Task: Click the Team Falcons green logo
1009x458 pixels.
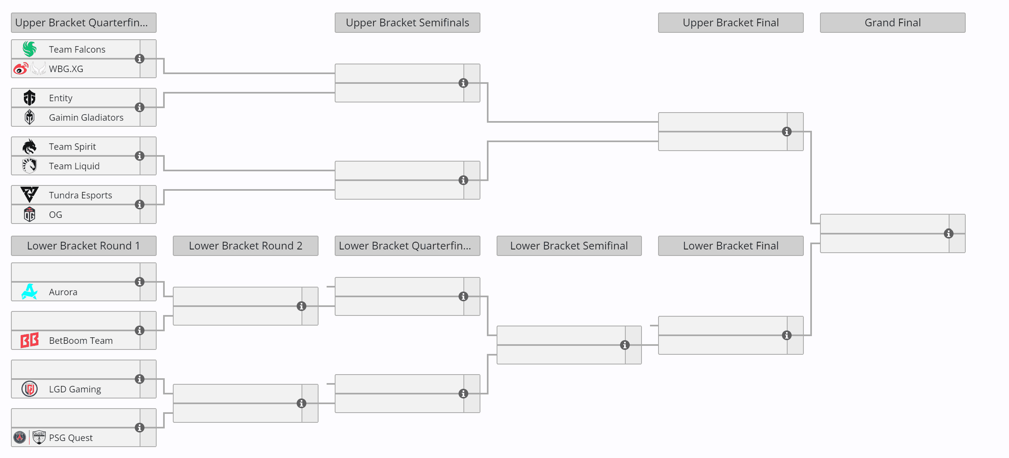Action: pos(30,49)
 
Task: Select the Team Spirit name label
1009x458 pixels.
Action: pos(72,147)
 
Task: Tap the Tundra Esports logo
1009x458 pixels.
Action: pos(30,195)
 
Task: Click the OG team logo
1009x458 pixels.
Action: pos(30,214)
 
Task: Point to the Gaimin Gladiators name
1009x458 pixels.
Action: pos(86,117)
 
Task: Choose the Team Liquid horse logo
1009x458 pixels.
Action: pos(30,166)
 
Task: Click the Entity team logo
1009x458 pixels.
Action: pos(30,98)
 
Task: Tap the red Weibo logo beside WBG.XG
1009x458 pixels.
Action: pos(21,68)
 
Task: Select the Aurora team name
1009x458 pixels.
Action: pos(63,292)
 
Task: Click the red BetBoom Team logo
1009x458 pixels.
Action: pos(30,340)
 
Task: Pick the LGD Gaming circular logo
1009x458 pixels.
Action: pos(30,389)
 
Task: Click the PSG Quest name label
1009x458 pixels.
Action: pos(71,438)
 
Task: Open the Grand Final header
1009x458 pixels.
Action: pos(892,23)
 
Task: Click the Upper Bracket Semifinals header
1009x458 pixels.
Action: pos(408,23)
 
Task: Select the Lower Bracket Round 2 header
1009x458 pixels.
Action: pos(246,246)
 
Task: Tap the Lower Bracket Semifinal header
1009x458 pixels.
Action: pos(569,246)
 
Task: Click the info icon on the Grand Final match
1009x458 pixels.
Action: pos(948,234)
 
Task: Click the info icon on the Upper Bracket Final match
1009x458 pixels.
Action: pos(786,132)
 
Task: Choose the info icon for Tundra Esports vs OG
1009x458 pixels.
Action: pos(140,205)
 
